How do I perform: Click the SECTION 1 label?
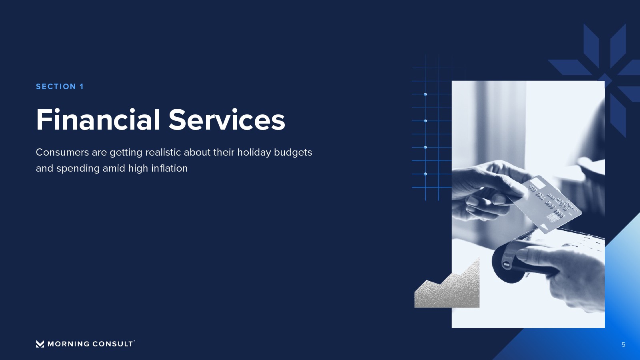[x=60, y=86]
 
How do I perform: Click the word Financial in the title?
[x=98, y=120]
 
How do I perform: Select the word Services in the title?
[x=227, y=120]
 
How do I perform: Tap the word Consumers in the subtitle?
[x=62, y=152]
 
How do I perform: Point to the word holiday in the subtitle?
[x=254, y=152]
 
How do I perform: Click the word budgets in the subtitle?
[x=293, y=152]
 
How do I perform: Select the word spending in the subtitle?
[x=78, y=168]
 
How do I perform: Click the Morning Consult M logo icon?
[x=40, y=344]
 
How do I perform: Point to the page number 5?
[x=624, y=345]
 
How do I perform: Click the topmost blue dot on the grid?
[x=426, y=94]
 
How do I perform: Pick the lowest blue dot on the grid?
[x=426, y=174]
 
